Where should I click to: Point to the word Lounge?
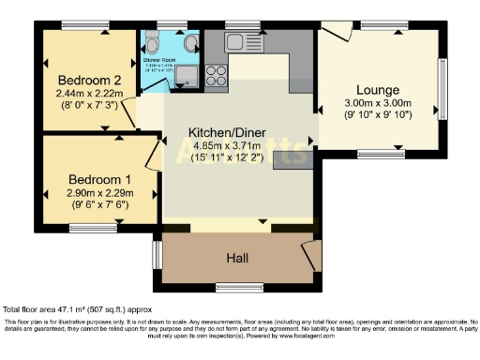pyautogui.click(x=380, y=82)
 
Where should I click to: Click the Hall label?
pyautogui.click(x=238, y=256)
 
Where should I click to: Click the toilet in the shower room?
pyautogui.click(x=150, y=41)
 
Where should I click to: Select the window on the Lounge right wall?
pyautogui.click(x=443, y=88)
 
